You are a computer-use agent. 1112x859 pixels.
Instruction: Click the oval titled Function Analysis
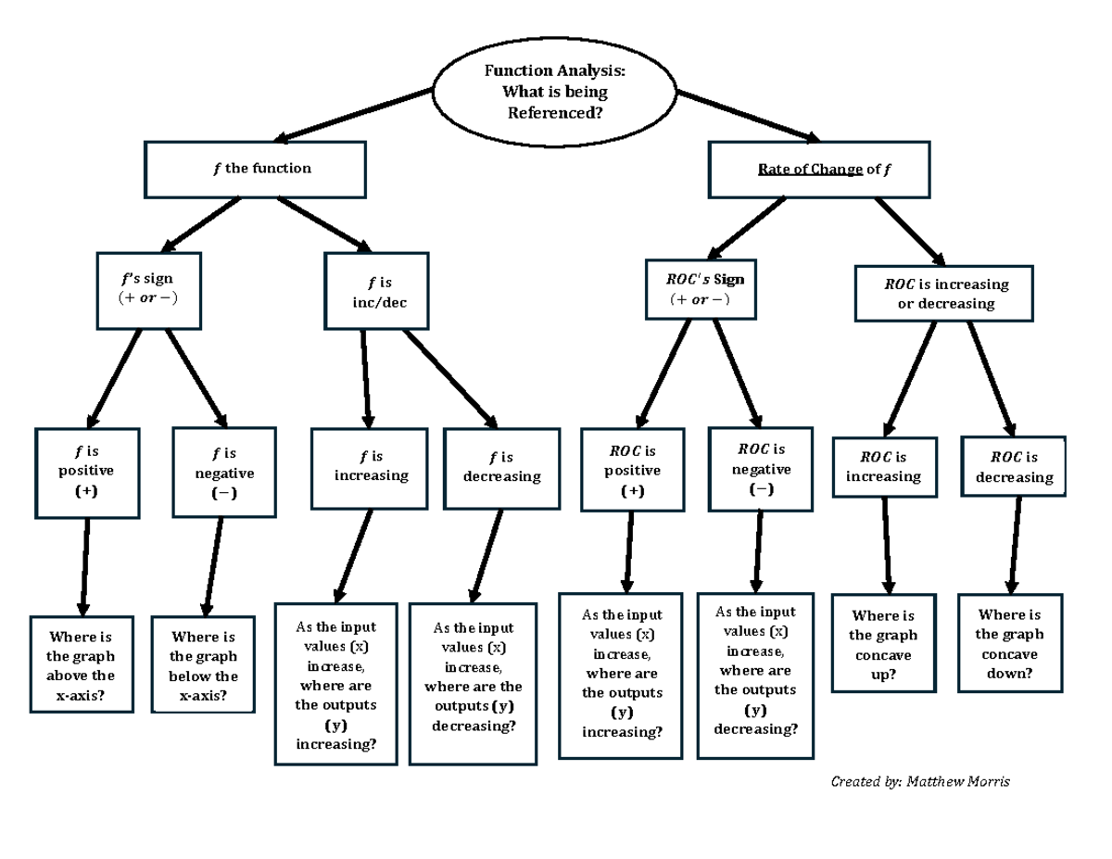(x=555, y=92)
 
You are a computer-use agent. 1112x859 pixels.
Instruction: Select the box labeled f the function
(x=256, y=169)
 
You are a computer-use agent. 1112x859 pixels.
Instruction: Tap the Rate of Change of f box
(x=818, y=170)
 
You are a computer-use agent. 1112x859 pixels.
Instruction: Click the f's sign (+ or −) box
(x=148, y=288)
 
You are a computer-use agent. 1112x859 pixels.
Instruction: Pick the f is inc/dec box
(x=377, y=290)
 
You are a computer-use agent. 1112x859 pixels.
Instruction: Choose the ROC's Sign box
(x=701, y=289)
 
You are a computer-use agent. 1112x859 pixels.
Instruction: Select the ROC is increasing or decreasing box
(x=943, y=294)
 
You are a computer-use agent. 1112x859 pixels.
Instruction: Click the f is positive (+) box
(x=87, y=473)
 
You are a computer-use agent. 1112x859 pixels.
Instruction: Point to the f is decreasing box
(x=501, y=468)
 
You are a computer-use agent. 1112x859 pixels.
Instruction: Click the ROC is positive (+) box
(x=633, y=470)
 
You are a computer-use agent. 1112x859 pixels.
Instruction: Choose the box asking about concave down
(x=1009, y=643)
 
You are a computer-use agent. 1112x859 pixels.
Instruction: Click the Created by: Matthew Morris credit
(x=920, y=782)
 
